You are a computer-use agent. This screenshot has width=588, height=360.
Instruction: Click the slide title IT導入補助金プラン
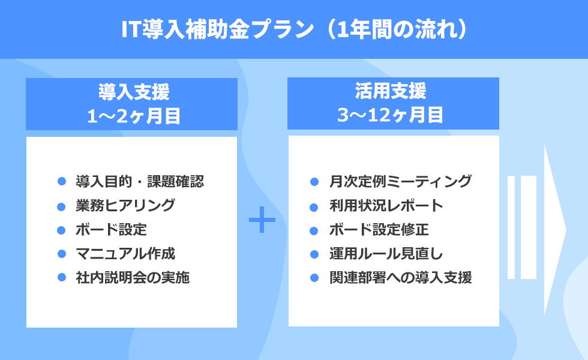click(217, 29)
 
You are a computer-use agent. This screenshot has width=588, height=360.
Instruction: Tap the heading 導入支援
click(134, 92)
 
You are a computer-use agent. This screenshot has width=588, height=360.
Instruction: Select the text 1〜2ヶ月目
click(134, 116)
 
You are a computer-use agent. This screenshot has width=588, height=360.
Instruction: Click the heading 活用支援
click(391, 91)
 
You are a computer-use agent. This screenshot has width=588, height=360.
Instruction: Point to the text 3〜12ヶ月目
click(391, 115)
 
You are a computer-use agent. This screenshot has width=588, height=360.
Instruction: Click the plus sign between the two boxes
click(262, 220)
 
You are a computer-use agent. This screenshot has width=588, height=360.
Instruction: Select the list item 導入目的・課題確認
click(140, 181)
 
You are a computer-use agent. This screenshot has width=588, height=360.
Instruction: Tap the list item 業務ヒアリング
click(125, 205)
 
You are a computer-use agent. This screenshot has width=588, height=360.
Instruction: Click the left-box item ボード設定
click(111, 229)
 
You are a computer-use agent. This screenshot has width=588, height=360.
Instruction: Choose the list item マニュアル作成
click(125, 253)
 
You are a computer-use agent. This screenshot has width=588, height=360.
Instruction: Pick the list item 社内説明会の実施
click(133, 277)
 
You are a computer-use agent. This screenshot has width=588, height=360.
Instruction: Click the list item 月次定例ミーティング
click(401, 181)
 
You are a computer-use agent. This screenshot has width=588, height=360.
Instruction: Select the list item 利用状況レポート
click(386, 205)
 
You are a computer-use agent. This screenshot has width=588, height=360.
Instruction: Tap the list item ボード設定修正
click(379, 229)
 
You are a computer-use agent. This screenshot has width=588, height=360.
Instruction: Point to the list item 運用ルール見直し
click(386, 253)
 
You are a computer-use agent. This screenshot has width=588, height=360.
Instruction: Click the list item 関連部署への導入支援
click(401, 277)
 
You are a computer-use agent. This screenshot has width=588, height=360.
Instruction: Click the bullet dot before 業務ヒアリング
click(61, 206)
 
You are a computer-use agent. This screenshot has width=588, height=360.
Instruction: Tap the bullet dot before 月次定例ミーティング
click(314, 182)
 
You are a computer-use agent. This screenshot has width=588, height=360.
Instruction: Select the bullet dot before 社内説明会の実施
click(61, 277)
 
